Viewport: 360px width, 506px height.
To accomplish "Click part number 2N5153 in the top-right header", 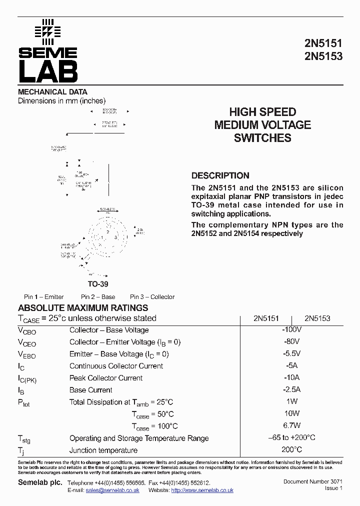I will (x=323, y=56).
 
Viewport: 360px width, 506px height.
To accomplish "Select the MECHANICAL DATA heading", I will (x=52, y=92).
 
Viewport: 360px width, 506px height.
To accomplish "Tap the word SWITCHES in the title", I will (x=262, y=138).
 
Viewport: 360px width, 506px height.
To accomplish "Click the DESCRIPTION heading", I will (x=220, y=175).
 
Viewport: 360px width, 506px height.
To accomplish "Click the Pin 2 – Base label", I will (x=98, y=296).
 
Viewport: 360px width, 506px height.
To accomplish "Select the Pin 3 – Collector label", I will (x=152, y=296).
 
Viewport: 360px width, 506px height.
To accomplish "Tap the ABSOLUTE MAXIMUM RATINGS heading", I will (x=83, y=308).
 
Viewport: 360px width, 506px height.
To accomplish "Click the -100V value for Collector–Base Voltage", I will (x=291, y=329).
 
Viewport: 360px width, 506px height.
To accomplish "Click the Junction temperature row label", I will (x=103, y=450).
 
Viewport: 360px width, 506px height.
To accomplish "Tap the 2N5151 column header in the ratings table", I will (x=266, y=318).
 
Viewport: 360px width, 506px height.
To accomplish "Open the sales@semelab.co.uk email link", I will (x=112, y=490).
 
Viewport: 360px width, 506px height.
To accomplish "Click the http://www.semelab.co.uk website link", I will (x=202, y=490).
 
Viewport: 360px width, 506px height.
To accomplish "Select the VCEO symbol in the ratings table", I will (x=27, y=342).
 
